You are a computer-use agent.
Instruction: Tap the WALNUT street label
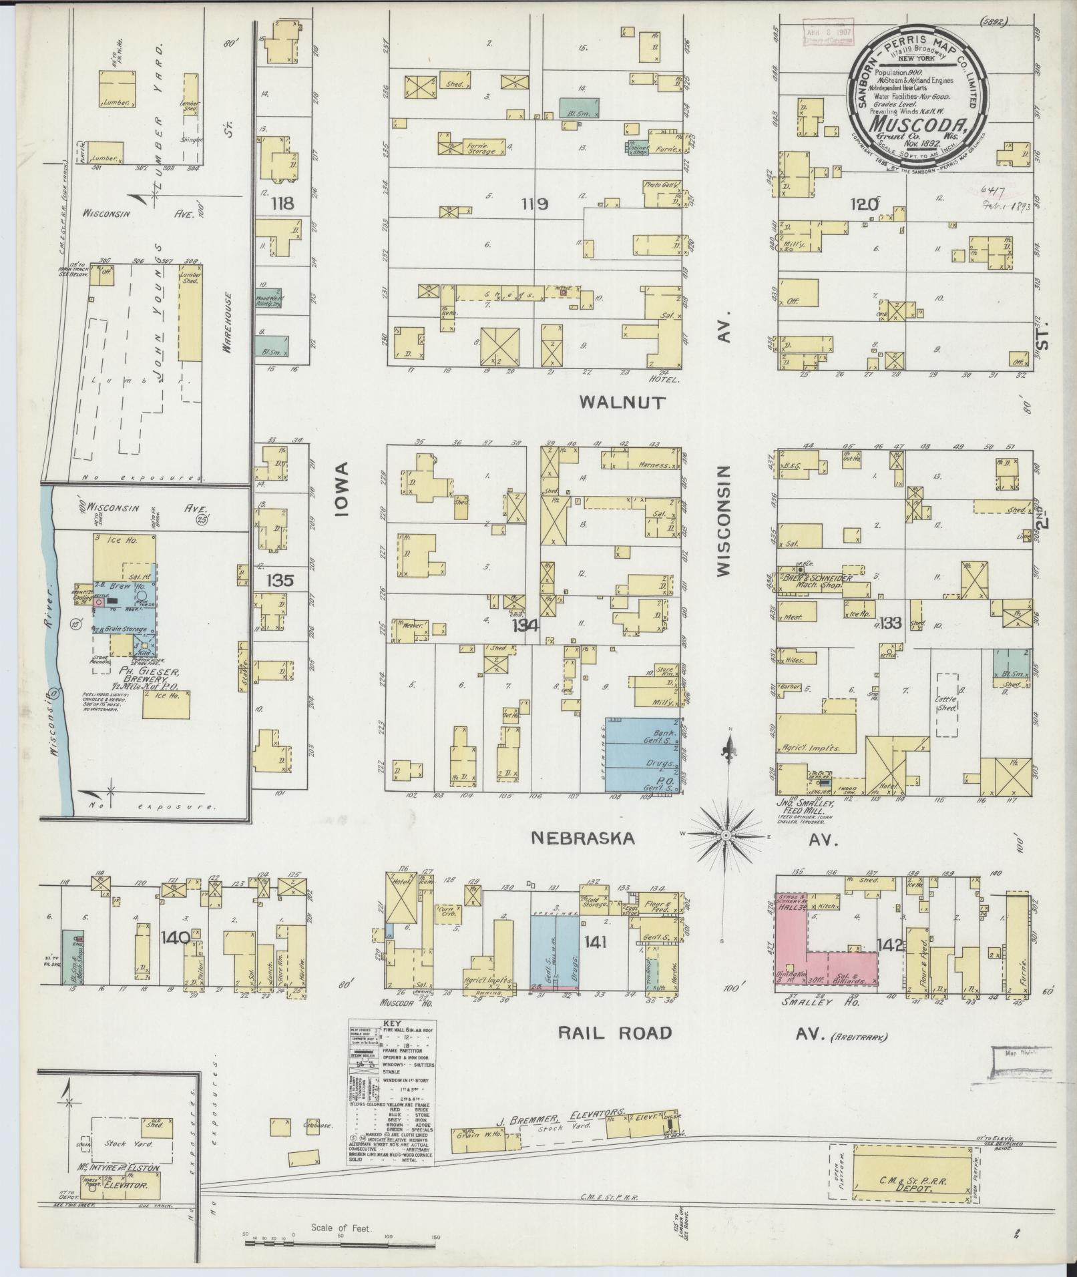point(622,402)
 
